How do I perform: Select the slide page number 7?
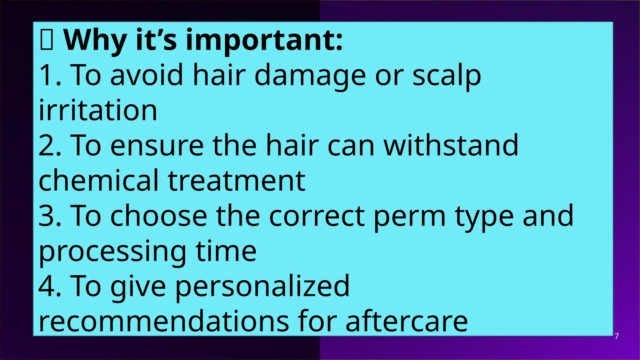617,337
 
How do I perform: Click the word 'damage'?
310,76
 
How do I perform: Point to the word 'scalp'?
447,76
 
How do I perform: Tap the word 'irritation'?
98,111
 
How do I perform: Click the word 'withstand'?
451,146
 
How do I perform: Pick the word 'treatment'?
236,181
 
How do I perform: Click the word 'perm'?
409,216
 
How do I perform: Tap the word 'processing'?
112,252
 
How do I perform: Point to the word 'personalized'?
262,286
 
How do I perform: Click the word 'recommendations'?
164,322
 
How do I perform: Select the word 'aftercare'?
407,322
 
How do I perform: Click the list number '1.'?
50,76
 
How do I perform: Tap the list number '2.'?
50,146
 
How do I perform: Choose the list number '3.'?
50,216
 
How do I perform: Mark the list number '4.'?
50,286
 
